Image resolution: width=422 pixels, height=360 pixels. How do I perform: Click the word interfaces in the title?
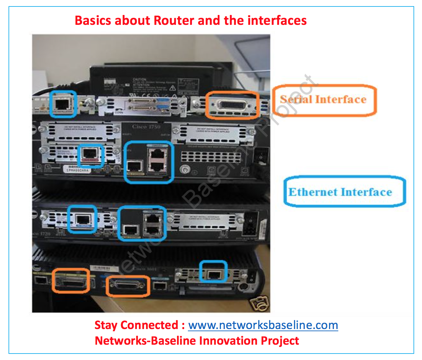point(277,20)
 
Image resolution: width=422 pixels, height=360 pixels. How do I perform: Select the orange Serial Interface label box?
point(324,100)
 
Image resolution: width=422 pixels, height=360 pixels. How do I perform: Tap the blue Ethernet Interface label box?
point(344,192)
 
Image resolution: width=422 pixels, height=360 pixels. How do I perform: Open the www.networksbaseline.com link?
point(263,325)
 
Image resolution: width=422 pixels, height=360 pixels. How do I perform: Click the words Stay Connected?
point(136,325)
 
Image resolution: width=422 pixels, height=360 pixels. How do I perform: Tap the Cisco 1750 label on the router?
point(146,127)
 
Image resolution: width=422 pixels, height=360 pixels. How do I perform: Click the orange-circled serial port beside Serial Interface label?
point(232,105)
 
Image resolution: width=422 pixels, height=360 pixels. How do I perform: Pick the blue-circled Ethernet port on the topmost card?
point(63,103)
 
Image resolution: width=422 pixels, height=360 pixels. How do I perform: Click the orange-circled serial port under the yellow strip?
point(71,281)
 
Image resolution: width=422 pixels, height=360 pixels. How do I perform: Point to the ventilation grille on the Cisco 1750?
point(211,157)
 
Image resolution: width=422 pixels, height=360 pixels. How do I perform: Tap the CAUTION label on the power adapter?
point(140,80)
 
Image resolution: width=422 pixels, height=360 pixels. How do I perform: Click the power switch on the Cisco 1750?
point(261,157)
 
